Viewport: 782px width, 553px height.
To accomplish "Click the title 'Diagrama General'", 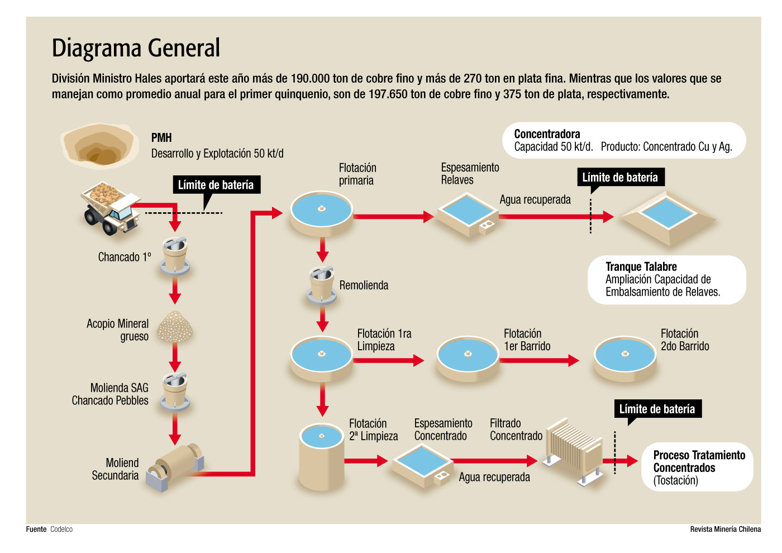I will pyautogui.click(x=136, y=48).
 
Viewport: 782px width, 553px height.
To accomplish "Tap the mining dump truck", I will pyautogui.click(x=111, y=207).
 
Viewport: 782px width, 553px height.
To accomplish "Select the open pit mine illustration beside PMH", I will pyautogui.click(x=99, y=146).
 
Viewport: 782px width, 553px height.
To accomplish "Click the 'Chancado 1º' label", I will pyautogui.click(x=124, y=257).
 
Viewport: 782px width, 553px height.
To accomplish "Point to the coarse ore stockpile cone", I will pyautogui.click(x=175, y=327).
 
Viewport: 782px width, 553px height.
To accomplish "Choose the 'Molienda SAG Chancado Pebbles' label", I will pyautogui.click(x=111, y=394).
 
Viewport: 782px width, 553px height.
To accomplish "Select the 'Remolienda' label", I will pyautogui.click(x=364, y=285).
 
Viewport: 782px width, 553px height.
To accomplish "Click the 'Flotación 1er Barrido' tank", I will pyautogui.click(x=468, y=358).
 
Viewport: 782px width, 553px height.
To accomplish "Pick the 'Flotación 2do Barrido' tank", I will pyautogui.click(x=624, y=358).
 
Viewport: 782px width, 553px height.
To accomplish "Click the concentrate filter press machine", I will pyautogui.click(x=574, y=450).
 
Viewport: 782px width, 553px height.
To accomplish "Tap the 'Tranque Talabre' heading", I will pyautogui.click(x=641, y=266).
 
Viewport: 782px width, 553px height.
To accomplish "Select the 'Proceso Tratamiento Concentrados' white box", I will pyautogui.click(x=697, y=468).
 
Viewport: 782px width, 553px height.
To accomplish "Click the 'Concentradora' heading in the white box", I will pyautogui.click(x=547, y=134).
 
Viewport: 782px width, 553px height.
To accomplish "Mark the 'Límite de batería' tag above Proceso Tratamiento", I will pyautogui.click(x=657, y=409).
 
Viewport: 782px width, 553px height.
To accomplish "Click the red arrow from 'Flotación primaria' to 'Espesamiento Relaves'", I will pyautogui.click(x=393, y=217).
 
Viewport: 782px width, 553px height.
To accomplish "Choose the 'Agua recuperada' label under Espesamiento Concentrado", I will pyautogui.click(x=494, y=477).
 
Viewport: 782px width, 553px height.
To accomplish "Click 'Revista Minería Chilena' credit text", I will pyautogui.click(x=725, y=529).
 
